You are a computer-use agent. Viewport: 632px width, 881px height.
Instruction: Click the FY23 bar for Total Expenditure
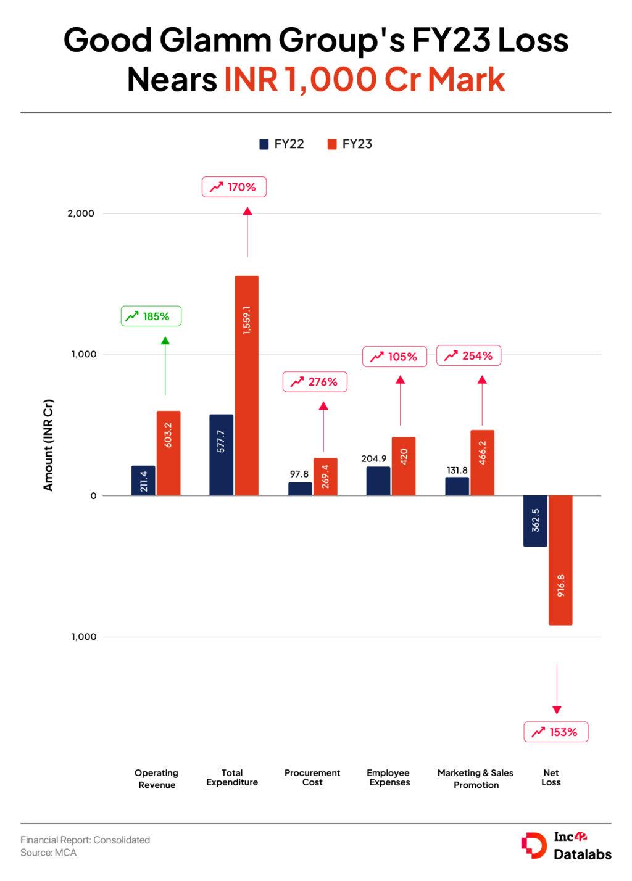[x=247, y=386]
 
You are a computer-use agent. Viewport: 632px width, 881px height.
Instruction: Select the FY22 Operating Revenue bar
[x=143, y=481]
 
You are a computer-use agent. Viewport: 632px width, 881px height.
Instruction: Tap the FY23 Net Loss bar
[x=560, y=560]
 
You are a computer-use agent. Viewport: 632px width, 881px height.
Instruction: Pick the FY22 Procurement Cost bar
[x=300, y=489]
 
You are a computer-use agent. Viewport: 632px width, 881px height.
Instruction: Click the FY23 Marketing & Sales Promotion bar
[x=482, y=463]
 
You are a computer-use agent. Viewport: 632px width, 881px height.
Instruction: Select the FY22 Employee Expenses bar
[x=378, y=481]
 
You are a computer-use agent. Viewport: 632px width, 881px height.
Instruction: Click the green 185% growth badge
[x=151, y=316]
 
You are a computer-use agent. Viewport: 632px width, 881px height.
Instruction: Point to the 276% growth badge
[x=315, y=382]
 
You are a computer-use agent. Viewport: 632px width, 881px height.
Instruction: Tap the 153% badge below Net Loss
[x=555, y=732]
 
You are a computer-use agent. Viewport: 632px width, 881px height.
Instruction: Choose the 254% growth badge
[x=469, y=356]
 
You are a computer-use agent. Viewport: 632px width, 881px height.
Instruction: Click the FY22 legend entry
[x=282, y=144]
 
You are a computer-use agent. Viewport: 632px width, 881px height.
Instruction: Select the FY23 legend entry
[x=350, y=144]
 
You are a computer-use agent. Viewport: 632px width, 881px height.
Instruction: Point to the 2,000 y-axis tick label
[x=81, y=213]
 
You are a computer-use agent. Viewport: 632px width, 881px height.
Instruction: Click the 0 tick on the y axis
[x=93, y=496]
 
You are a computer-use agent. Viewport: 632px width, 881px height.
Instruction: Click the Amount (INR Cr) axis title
[x=48, y=445]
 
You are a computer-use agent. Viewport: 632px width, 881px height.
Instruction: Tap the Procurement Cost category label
[x=312, y=777]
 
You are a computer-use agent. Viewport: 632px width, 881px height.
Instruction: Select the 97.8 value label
[x=299, y=474]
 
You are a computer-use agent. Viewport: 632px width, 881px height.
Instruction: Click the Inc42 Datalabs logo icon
[x=533, y=845]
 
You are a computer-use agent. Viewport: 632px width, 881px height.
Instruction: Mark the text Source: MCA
[x=48, y=853]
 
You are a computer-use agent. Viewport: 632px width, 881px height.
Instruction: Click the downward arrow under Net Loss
[x=557, y=689]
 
